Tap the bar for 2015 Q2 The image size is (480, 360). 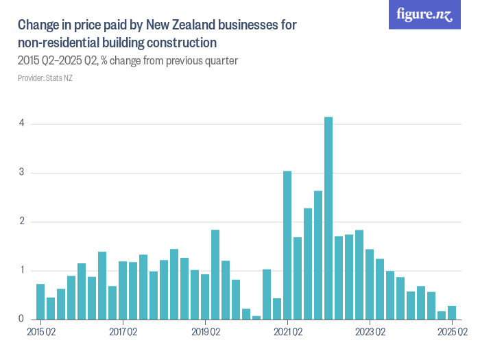coord(40,302)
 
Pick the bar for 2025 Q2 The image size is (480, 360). coord(452,313)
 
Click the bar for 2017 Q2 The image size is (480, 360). coord(123,290)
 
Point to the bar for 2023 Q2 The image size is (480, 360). coord(370,284)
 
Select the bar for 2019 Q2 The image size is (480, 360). coord(205,296)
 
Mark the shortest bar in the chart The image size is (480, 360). coord(256,317)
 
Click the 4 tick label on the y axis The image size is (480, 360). coord(21,123)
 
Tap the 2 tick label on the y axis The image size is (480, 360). coord(21,221)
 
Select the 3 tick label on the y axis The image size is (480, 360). coord(21,173)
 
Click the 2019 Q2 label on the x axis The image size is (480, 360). coord(205,333)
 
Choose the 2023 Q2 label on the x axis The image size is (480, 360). coord(370,333)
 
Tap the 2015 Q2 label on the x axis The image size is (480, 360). coord(40,333)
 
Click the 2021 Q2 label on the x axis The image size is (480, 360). coord(287,333)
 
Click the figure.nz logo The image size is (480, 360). coord(424,14)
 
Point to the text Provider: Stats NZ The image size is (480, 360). coord(45,78)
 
